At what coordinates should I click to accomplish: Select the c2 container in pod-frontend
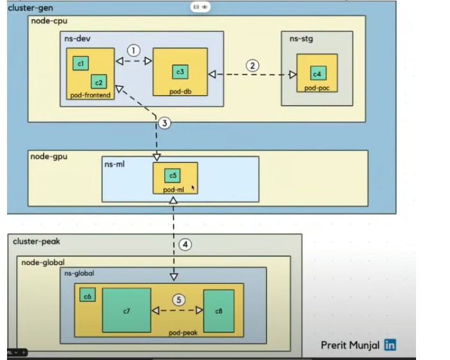(x=98, y=81)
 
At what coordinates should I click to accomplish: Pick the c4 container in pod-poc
(x=317, y=73)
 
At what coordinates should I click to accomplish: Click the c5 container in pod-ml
(x=172, y=175)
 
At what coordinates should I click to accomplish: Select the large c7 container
(x=126, y=311)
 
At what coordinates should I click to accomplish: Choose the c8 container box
(x=219, y=311)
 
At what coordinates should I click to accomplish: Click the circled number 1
(x=133, y=50)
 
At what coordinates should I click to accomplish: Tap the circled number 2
(x=253, y=65)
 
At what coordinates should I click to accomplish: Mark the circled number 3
(x=164, y=123)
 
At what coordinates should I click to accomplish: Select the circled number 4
(x=185, y=244)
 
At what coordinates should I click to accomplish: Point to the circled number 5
(x=179, y=300)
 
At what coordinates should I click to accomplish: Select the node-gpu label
(x=49, y=156)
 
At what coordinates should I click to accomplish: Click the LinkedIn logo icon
(x=390, y=345)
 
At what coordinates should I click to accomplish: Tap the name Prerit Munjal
(x=351, y=345)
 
